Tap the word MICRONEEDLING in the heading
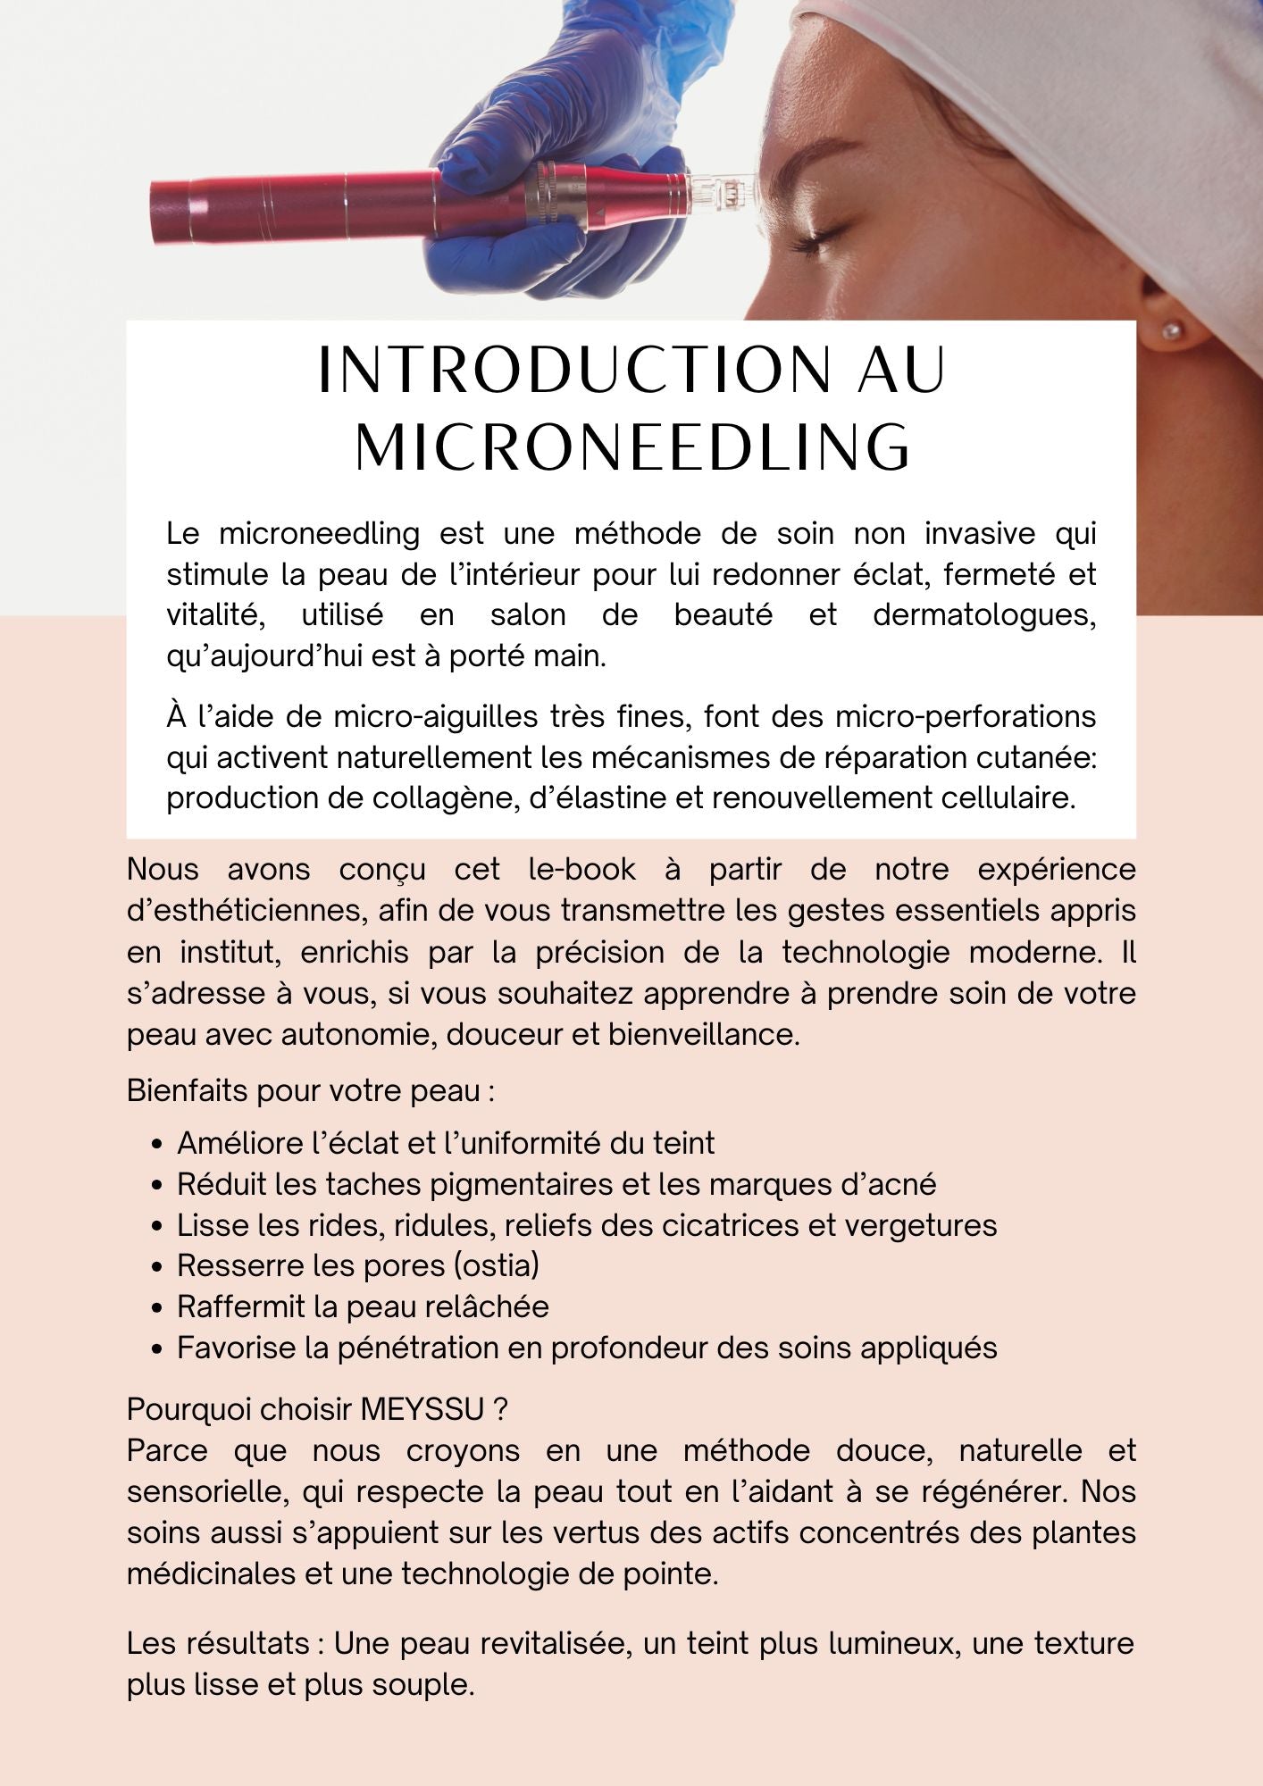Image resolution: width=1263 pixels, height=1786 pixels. tap(632, 446)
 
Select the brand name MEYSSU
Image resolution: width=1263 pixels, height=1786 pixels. tap(424, 1409)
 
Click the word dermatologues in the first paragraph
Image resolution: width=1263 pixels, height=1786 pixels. tap(983, 615)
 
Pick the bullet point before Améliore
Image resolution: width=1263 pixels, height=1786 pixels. tap(158, 1144)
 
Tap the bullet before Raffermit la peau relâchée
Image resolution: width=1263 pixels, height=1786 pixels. tap(158, 1307)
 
